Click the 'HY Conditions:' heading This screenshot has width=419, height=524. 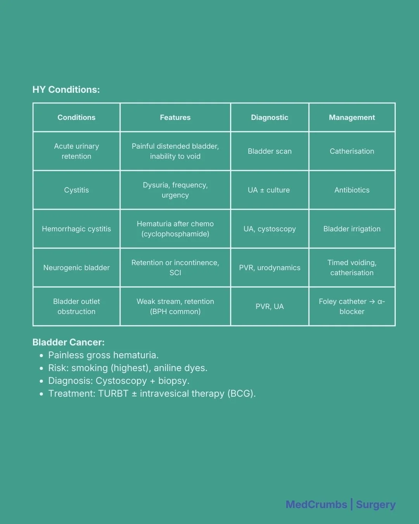[66, 90]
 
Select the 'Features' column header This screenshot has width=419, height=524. [175, 118]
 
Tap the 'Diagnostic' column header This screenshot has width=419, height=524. [270, 118]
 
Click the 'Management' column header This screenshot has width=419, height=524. [352, 118]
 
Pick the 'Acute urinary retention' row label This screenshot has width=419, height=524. [76, 151]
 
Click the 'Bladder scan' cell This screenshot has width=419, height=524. [270, 151]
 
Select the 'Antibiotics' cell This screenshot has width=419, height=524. [352, 190]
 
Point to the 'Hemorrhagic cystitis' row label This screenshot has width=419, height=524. [76, 229]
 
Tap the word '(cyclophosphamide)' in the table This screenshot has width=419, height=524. [175, 234]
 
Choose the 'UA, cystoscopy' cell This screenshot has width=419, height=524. [270, 229]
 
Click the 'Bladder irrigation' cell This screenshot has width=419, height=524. [352, 229]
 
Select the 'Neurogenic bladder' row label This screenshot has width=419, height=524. [76, 268]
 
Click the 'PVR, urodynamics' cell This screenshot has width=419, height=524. [270, 268]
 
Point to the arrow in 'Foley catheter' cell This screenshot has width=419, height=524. [372, 302]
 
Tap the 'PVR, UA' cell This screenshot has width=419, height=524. [270, 307]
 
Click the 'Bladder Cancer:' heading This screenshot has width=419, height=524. [68, 342]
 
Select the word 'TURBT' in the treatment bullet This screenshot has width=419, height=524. [113, 394]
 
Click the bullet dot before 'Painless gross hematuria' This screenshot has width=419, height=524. [42, 356]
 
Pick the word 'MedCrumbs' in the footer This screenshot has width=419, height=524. [316, 505]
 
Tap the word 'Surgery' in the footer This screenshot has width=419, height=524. [376, 505]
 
